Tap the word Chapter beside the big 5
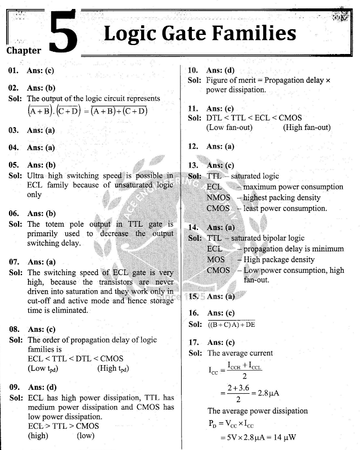coord(24,51)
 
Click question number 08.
coord(13,329)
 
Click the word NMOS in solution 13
coord(218,197)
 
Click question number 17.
coord(193,343)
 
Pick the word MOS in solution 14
coord(215,260)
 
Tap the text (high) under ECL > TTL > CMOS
coord(38,435)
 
